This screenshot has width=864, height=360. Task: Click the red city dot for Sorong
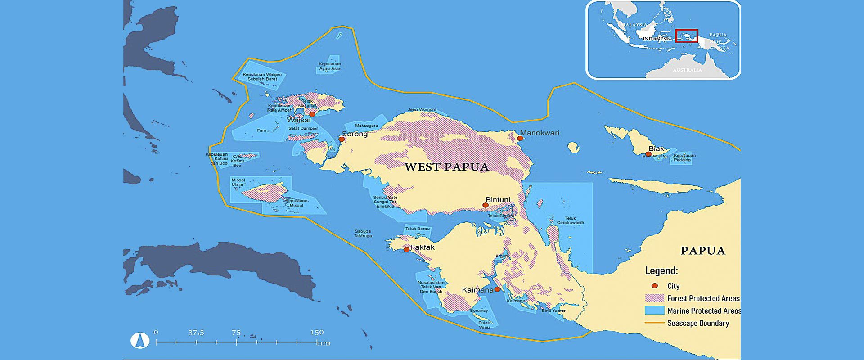(342, 139)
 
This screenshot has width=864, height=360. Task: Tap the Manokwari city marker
(520, 139)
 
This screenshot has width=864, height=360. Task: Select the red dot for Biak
(648, 154)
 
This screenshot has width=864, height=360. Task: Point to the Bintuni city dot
(486, 205)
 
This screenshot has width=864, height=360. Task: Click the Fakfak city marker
(406, 249)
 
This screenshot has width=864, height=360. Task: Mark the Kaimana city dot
(497, 289)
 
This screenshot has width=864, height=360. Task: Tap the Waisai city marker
(312, 114)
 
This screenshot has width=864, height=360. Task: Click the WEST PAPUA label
(446, 167)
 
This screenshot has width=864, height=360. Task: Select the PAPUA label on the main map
(703, 251)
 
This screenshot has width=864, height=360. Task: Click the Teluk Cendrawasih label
(571, 220)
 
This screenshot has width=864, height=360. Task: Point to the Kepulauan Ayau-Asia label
(330, 67)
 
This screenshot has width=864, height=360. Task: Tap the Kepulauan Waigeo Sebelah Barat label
(262, 77)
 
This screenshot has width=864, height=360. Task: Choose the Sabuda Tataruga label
(363, 234)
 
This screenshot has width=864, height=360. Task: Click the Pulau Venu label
(484, 325)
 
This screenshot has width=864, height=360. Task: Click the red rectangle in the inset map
(687, 36)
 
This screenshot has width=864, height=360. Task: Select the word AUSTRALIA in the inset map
(687, 70)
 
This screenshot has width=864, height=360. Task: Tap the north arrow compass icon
(140, 341)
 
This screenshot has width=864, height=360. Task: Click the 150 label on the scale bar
(317, 333)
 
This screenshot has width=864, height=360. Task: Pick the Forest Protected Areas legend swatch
(654, 298)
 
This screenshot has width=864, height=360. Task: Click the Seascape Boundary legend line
(654, 323)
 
